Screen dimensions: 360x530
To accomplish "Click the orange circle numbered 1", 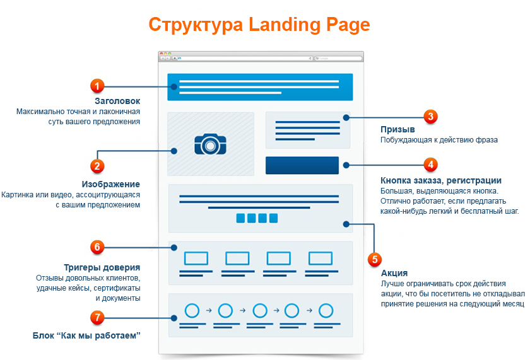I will click(97, 85).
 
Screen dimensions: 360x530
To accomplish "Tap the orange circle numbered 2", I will click(97, 166).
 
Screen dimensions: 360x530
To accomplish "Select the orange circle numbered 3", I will click(430, 116).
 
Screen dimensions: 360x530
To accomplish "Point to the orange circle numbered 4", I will click(430, 165).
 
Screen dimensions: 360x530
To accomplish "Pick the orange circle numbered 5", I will click(374, 259).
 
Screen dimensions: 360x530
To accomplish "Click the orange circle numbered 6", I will click(97, 247).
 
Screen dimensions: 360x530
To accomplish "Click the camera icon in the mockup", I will click(209, 144).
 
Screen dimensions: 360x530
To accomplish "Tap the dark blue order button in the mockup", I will click(302, 165).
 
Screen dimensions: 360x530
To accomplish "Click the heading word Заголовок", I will click(117, 101).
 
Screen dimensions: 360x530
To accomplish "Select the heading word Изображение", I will click(110, 184).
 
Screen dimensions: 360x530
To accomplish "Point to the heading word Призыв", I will click(397, 129).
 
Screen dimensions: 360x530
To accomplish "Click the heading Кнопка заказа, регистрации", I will click(441, 180).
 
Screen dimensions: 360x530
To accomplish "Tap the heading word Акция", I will click(394, 273).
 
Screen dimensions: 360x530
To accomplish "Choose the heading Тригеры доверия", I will click(102, 267).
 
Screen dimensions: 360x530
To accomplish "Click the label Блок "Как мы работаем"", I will click(86, 335).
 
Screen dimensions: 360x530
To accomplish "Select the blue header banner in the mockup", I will click(260, 87).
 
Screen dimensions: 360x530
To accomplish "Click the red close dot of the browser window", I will click(161, 53).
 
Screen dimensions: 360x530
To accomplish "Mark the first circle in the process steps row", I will click(192, 311).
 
